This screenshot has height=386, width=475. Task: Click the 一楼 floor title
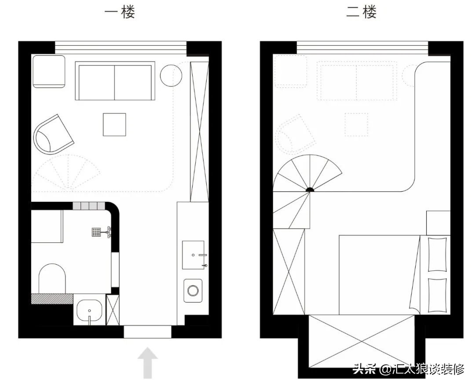pos(120,12)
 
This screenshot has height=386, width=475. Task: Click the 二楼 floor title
pos(362,12)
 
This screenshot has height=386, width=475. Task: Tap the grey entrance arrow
pos(147,362)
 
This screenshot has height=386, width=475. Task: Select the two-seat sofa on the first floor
pos(115,81)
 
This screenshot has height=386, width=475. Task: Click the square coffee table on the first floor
pos(114,124)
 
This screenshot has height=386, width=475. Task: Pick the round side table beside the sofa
pos(171,76)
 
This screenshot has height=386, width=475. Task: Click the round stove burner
pos(193,290)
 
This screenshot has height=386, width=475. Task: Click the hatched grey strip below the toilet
pos(52,299)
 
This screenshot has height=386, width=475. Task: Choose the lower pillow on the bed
pos(437,295)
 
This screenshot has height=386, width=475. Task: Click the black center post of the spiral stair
pos(310,190)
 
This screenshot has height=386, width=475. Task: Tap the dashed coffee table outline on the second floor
pos(356,124)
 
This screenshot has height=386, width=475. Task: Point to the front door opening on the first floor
pos(147,331)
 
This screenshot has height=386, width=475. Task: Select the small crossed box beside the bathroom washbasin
pos(113,310)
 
